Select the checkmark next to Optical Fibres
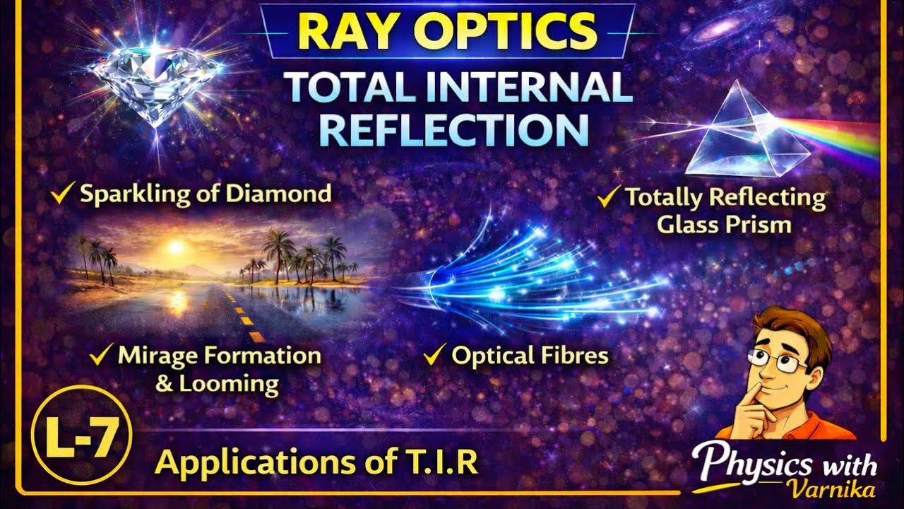pyautogui.click(x=432, y=356)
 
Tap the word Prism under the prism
pyautogui.click(x=763, y=225)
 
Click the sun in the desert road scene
pyautogui.click(x=175, y=247)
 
